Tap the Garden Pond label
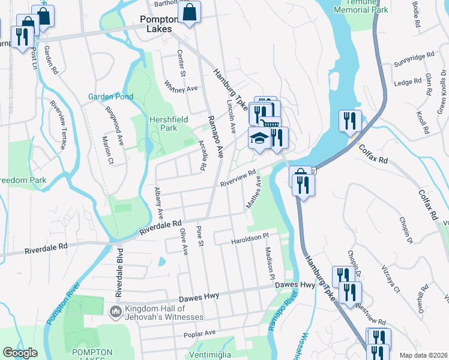[x=110, y=96]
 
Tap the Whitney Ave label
[x=181, y=88]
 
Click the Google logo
[x=20, y=352]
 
